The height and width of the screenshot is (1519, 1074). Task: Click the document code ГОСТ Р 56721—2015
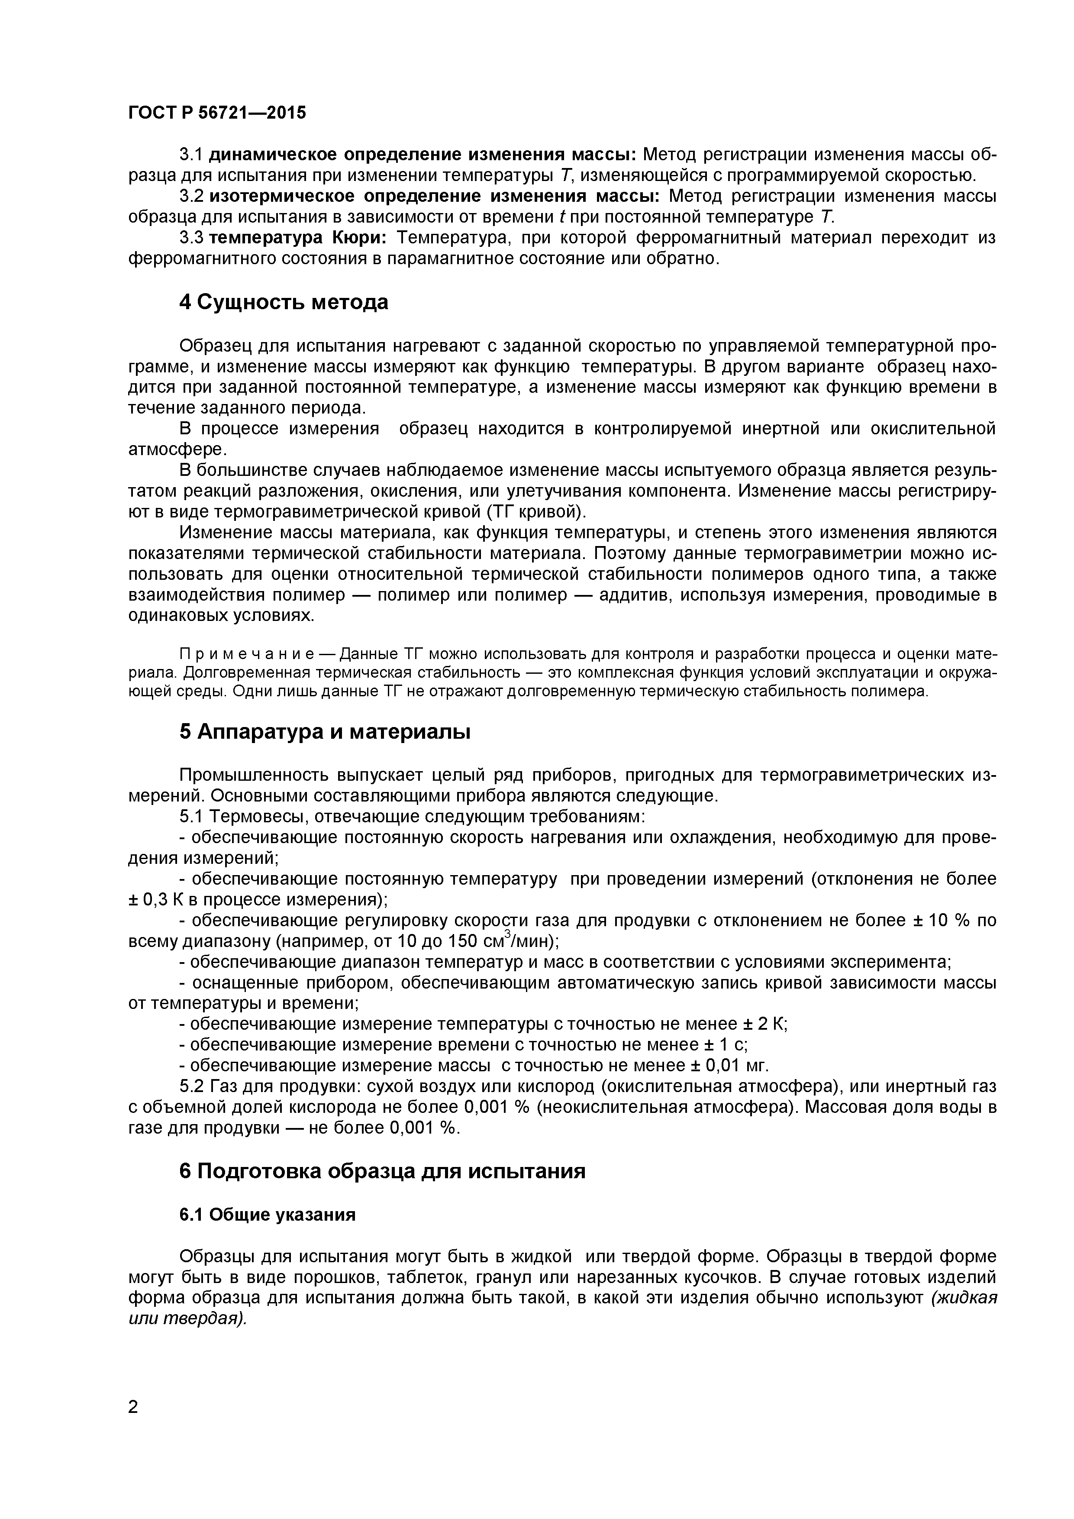(x=217, y=113)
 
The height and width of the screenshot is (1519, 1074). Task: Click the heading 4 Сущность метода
(x=284, y=302)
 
